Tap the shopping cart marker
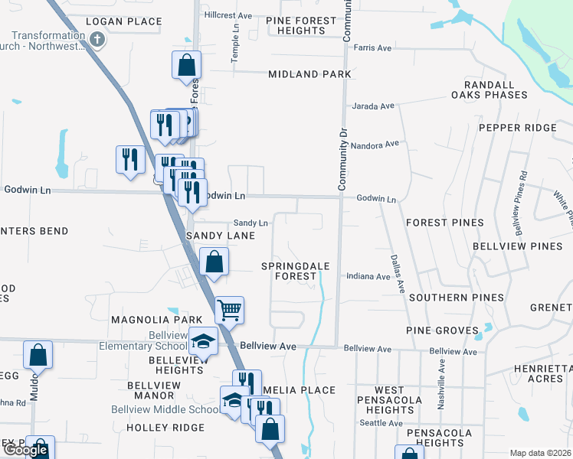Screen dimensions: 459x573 click(229, 310)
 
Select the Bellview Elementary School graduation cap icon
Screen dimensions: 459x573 click(203, 340)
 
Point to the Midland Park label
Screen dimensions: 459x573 click(309, 74)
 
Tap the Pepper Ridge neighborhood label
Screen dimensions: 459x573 click(517, 128)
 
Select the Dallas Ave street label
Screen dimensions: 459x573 click(397, 275)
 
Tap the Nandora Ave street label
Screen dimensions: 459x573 click(375, 144)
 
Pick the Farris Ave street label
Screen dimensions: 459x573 click(372, 48)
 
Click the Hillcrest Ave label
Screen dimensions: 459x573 click(228, 15)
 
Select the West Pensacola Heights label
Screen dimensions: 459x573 click(389, 400)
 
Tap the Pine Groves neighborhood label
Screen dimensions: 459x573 click(441, 330)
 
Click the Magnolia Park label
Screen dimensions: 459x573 click(146, 319)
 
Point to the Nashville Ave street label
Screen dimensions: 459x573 click(442, 376)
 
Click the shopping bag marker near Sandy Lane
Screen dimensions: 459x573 click(214, 262)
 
